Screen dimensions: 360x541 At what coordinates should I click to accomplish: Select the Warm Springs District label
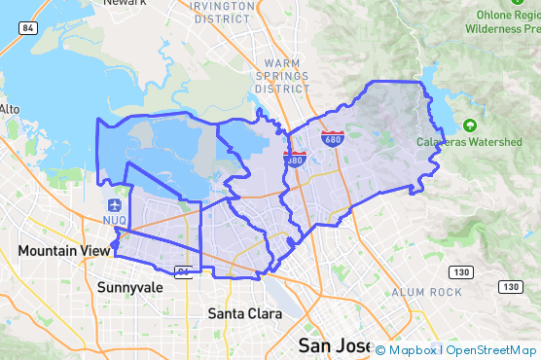pos(283,75)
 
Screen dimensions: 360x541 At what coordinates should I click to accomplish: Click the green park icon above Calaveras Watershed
pos(470,126)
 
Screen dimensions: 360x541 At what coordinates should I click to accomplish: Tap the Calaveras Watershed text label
pos(471,142)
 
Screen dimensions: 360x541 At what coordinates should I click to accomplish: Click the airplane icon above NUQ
pos(116,205)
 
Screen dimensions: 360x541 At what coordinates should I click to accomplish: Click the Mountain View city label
pos(64,251)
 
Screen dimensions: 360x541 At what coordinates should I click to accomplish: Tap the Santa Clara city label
pos(245,313)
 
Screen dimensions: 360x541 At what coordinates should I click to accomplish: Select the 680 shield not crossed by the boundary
pos(333,140)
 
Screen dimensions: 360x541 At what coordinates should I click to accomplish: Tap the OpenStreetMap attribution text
pos(491,350)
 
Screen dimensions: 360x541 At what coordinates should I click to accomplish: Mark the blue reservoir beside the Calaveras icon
pos(439,101)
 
